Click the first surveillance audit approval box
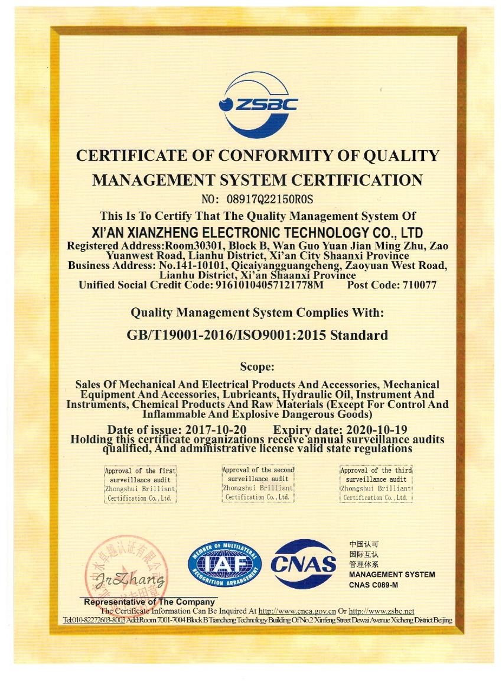pos(140,484)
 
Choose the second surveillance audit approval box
pos(258,484)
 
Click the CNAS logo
pos(304,564)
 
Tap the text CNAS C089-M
pos(374,585)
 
